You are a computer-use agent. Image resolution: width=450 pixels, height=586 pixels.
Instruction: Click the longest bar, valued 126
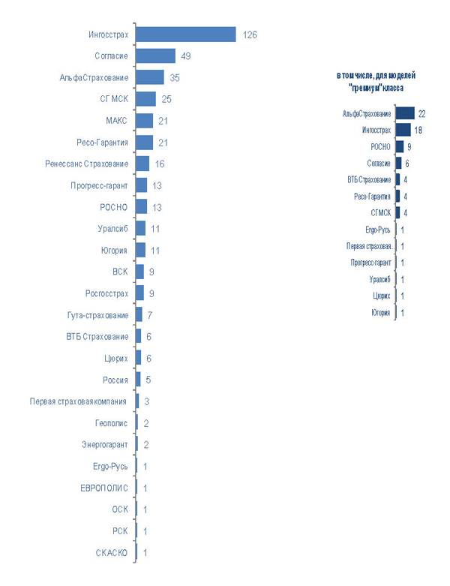pos(186,35)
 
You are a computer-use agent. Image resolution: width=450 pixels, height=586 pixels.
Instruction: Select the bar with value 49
pos(156,56)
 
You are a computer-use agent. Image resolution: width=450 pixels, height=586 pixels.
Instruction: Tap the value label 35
pos(175,78)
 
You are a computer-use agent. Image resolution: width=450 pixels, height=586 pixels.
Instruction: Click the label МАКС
pos(116,121)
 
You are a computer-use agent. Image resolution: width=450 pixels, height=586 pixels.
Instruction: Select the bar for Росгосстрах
pos(140,293)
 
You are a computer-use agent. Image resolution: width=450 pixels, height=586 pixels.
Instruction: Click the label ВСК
pos(120,272)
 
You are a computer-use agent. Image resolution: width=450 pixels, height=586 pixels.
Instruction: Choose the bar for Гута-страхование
pos(139,315)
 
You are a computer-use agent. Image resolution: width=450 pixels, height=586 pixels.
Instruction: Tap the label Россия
pos(115,380)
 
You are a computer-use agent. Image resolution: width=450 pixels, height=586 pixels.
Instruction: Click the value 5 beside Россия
pos(148,380)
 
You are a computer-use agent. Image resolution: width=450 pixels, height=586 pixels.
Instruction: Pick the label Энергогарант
pos(105,444)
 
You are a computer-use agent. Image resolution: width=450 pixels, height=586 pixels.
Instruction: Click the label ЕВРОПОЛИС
pos(104,488)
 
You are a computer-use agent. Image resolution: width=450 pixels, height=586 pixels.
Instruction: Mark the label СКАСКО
pos(111,553)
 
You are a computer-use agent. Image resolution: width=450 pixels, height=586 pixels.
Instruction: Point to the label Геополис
pos(112,423)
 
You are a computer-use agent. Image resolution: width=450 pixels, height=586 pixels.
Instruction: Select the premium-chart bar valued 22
pos(405,113)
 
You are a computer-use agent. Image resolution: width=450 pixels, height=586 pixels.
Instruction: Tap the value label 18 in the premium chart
pos(418,130)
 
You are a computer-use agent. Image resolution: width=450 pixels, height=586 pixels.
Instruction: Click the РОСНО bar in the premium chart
pos(399,146)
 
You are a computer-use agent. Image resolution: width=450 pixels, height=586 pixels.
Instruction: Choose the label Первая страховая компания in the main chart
pos(79,401)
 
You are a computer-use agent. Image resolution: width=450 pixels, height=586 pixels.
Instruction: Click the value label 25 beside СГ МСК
pos(166,99)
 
